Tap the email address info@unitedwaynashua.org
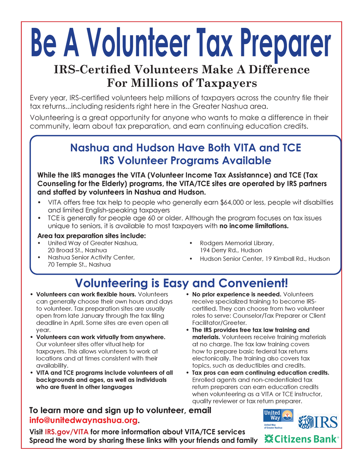(x=84, y=421)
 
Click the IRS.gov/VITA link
(x=66, y=432)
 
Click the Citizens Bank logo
(x=301, y=438)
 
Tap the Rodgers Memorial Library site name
(x=237, y=243)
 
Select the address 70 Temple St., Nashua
(x=79, y=264)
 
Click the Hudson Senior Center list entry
(x=265, y=258)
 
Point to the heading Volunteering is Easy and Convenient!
(x=181, y=283)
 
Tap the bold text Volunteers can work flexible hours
(x=86, y=294)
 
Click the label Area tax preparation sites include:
(x=91, y=236)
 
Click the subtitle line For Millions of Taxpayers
(x=182, y=83)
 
